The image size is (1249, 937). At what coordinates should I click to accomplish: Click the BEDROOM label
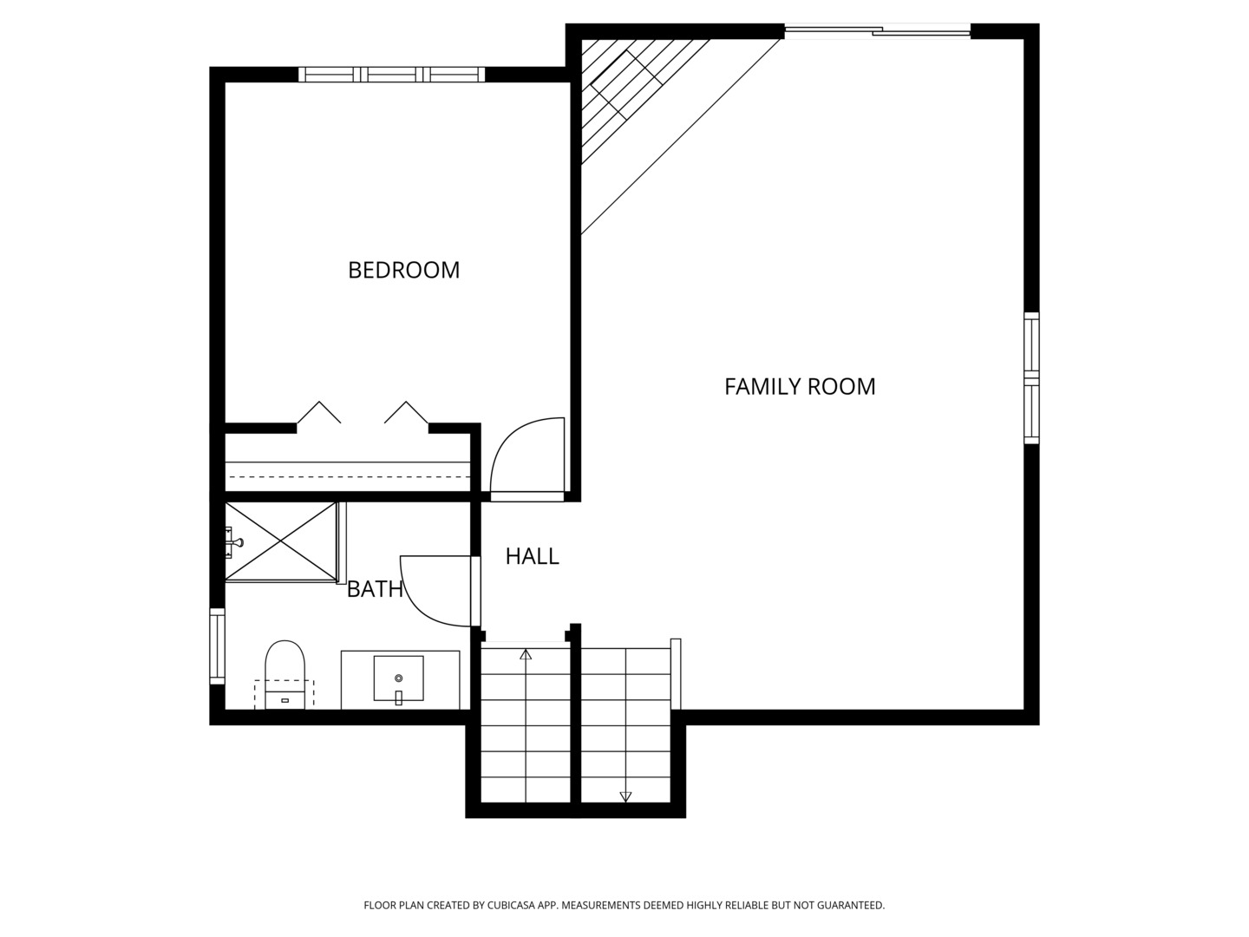[403, 270]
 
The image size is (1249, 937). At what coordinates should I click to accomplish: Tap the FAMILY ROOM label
[800, 386]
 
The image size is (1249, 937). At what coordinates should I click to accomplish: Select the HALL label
[532, 556]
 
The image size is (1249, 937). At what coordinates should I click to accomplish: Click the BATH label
[375, 589]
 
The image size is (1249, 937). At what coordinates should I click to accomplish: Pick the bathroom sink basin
[398, 678]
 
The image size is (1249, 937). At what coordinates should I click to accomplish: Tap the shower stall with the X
[280, 541]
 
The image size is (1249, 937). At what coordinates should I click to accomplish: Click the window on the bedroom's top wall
[392, 75]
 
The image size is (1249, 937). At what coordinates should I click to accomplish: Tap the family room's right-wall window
[1031, 378]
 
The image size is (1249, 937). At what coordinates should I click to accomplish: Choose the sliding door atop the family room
[877, 32]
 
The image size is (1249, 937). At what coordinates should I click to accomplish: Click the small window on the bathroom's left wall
[217, 646]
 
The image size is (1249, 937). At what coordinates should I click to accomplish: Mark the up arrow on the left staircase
[526, 654]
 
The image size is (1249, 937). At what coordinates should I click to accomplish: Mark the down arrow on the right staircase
[625, 796]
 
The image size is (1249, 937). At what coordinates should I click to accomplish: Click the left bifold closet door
[318, 412]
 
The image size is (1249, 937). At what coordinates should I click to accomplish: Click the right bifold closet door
[407, 412]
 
